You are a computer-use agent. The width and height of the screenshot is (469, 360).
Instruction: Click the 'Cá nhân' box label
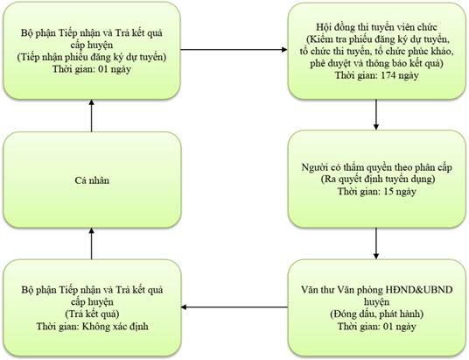[92, 180]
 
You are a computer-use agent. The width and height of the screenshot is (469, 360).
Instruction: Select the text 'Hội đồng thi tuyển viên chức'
[376, 27]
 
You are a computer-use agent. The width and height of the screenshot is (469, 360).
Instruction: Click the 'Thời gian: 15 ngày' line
[376, 191]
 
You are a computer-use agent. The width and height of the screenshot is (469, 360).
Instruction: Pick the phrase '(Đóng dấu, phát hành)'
[376, 314]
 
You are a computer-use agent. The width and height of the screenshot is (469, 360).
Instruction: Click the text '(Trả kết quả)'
[92, 314]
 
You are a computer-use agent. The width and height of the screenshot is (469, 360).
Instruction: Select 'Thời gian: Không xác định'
[92, 326]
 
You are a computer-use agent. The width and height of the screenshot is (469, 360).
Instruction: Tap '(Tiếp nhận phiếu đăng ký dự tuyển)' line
[92, 57]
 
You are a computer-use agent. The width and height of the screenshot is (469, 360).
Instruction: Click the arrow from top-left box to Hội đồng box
[234, 49]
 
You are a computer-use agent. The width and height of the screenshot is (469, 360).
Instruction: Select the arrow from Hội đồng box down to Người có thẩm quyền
[376, 115]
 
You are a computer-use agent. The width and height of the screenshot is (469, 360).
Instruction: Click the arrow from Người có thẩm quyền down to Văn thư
[376, 244]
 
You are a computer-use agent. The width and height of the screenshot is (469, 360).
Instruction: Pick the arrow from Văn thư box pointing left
[234, 307]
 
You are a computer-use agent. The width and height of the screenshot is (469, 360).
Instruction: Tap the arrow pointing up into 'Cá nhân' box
[92, 244]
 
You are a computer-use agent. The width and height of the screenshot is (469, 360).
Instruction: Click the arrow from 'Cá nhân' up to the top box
[92, 116]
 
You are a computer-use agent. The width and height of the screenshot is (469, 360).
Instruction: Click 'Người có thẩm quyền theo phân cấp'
[376, 167]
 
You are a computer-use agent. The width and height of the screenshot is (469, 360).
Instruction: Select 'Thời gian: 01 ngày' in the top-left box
[92, 69]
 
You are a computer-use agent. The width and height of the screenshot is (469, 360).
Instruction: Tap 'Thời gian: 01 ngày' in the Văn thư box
[376, 326]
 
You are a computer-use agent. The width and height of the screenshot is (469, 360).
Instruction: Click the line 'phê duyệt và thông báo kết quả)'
[376, 63]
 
